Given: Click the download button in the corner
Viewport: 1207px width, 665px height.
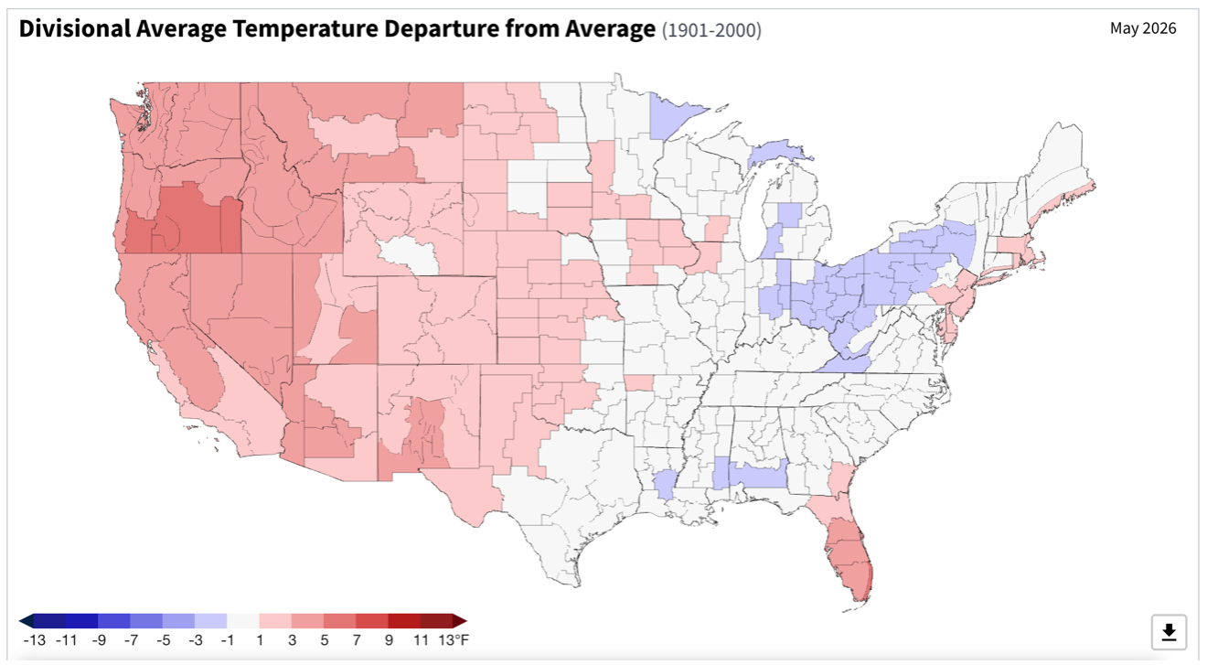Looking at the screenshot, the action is [x=1169, y=631].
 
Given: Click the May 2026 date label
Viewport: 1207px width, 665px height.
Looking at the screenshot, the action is [x=1143, y=28].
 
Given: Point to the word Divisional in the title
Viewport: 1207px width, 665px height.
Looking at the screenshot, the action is [x=75, y=28].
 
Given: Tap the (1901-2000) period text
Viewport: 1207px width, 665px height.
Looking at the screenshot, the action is [x=711, y=30].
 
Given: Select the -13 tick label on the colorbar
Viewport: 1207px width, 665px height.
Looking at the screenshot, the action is [x=35, y=640].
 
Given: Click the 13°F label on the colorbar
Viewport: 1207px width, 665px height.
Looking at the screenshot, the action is [x=454, y=640].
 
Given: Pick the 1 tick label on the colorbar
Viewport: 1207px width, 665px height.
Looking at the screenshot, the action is [x=260, y=640].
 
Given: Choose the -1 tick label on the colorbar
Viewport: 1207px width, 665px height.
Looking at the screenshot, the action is [x=227, y=640].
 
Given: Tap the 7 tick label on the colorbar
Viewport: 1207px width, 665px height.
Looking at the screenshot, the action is [x=357, y=640].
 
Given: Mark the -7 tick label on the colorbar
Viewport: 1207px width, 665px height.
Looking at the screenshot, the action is [x=131, y=640].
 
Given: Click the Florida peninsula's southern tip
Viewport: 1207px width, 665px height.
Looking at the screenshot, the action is [x=864, y=599].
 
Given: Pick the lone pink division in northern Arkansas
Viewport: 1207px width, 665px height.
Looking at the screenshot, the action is [x=638, y=382].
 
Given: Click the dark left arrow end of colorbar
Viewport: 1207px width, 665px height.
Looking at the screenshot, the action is [x=26, y=621].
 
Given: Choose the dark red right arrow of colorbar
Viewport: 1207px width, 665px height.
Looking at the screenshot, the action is [x=460, y=621].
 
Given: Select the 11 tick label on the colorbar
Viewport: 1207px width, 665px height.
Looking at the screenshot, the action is [x=421, y=640].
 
